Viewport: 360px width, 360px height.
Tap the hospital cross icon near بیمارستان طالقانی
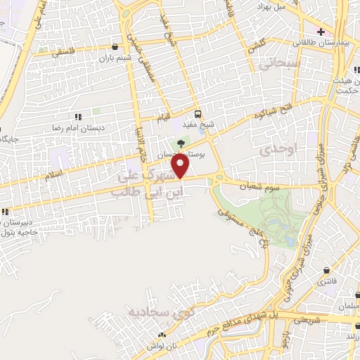pyautogui.click(x=321, y=32)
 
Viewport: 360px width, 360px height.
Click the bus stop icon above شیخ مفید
pyautogui.click(x=198, y=115)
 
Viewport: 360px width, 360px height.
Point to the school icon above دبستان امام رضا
pyautogui.click(x=77, y=117)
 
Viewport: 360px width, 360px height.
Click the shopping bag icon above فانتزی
pyautogui.click(x=328, y=270)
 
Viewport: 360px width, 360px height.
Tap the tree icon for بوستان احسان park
pyautogui.click(x=181, y=143)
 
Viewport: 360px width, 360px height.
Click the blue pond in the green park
pyautogui.click(x=289, y=240)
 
